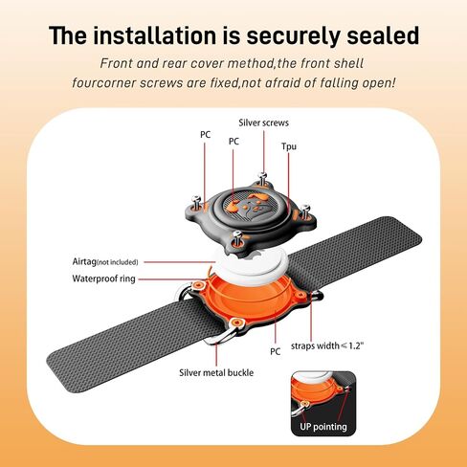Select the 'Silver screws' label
[x=263, y=122]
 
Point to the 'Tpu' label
[x=289, y=146]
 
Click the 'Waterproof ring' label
[x=103, y=278]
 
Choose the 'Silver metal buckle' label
[x=216, y=372]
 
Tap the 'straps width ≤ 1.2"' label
[x=327, y=345]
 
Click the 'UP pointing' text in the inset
[x=323, y=427]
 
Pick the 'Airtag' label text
[x=84, y=261]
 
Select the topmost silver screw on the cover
[x=262, y=178]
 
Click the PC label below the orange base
[x=275, y=351]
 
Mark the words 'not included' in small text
[x=118, y=262]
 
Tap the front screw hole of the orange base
[x=236, y=322]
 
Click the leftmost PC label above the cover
[x=206, y=135]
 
